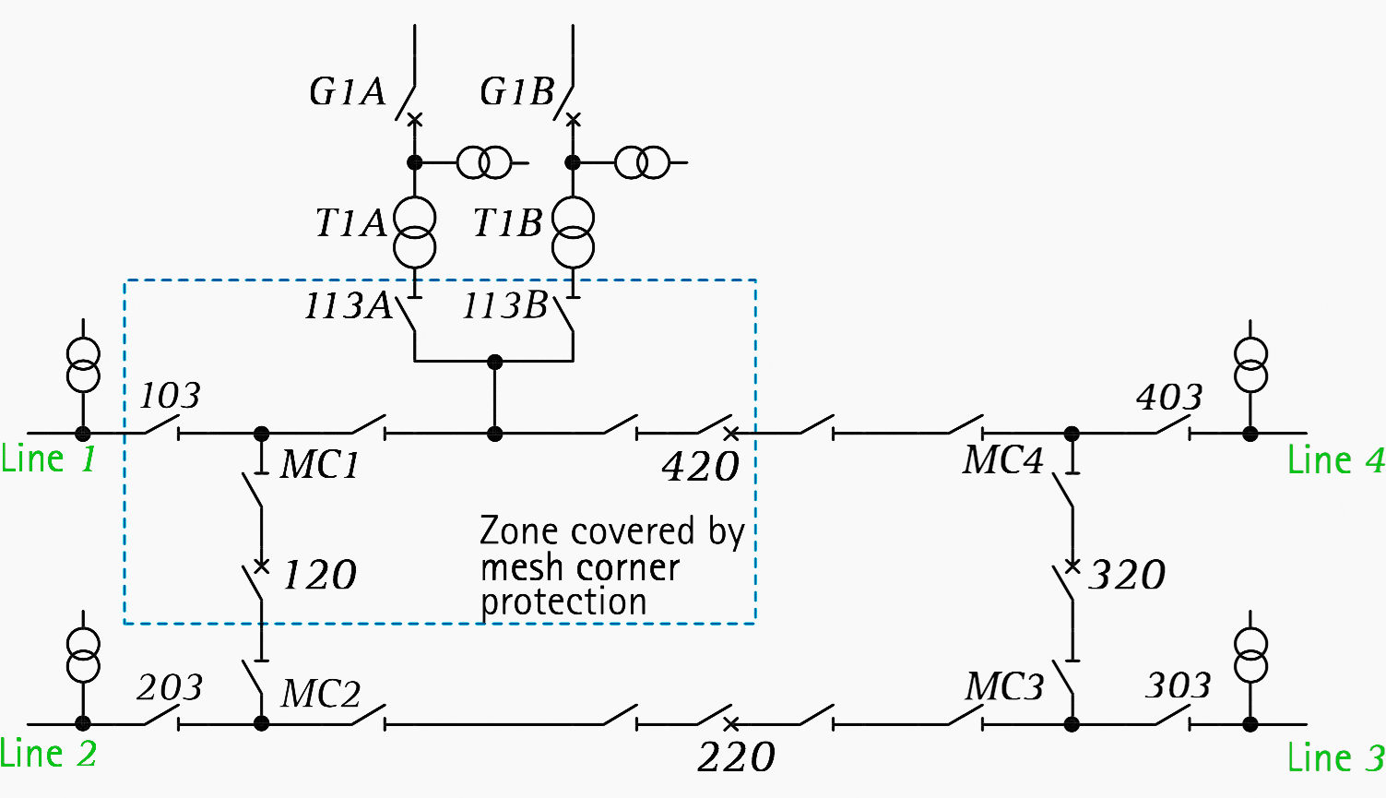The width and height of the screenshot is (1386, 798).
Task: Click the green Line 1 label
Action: coord(48,459)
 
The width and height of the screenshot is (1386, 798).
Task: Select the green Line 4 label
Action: coord(1335,459)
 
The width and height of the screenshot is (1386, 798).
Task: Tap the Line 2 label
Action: coord(48,754)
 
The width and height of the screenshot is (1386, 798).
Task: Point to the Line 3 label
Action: coord(1335,757)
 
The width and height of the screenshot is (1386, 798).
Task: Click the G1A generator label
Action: coord(347,92)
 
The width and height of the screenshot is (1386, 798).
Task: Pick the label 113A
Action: coord(348,306)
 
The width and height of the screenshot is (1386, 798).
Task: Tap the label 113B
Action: coord(505,306)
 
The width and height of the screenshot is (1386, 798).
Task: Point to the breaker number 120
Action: coord(318,576)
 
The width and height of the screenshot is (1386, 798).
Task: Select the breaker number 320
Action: coord(1127,575)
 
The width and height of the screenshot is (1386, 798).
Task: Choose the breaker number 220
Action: coord(736,757)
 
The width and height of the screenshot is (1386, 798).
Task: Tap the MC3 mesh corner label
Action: coord(1004,687)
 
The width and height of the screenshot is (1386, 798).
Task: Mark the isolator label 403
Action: coord(1169,398)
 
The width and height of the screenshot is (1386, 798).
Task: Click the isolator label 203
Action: coord(170,687)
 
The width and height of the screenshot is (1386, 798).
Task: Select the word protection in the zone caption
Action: coord(563,602)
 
